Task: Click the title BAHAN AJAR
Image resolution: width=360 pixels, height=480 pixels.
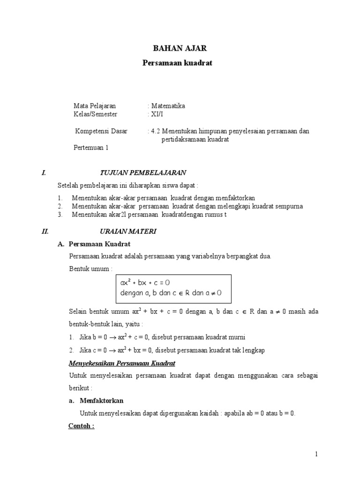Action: coord(180,48)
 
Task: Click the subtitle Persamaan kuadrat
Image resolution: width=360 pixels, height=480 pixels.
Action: coord(177,63)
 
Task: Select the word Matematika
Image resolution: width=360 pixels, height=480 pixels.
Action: coord(168,106)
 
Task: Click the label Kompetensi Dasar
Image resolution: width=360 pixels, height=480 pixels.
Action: coord(101,131)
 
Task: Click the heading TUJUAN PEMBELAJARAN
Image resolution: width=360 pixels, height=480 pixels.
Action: coord(143,173)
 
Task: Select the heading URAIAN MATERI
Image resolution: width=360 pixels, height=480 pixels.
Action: coord(128,231)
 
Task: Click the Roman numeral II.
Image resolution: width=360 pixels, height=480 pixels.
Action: coord(45,231)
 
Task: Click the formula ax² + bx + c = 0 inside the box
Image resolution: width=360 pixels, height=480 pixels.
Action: coord(144,283)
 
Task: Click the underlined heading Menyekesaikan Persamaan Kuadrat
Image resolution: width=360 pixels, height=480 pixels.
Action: coord(122,363)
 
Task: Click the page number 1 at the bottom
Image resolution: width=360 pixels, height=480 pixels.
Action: coord(316,454)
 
